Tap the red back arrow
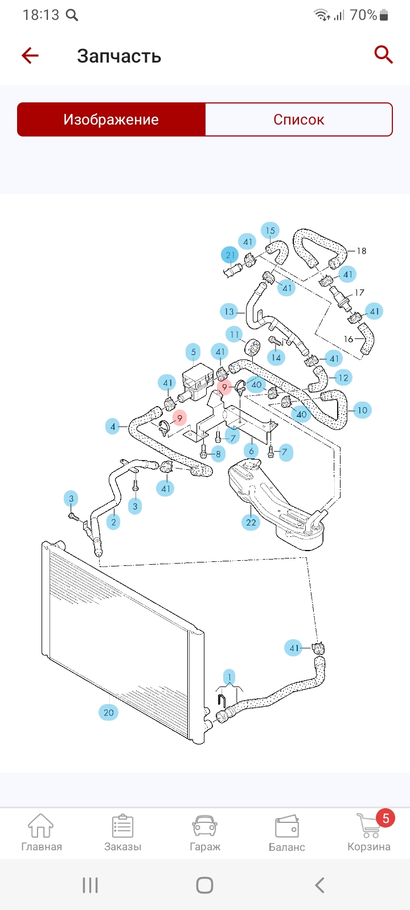click(x=30, y=55)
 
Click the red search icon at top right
click(x=383, y=55)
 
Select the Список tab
click(x=298, y=119)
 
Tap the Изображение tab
click(x=111, y=119)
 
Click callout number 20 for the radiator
click(x=108, y=712)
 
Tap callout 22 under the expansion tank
click(x=251, y=522)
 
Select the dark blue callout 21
click(x=230, y=255)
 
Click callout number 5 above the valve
click(x=193, y=352)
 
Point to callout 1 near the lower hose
click(x=229, y=677)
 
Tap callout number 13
click(x=229, y=311)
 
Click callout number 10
click(x=362, y=410)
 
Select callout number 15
click(x=270, y=230)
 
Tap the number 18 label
click(x=361, y=251)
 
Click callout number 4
click(x=113, y=426)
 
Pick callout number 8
click(x=218, y=454)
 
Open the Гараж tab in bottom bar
click(x=205, y=832)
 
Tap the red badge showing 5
click(x=386, y=818)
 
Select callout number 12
click(x=343, y=377)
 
